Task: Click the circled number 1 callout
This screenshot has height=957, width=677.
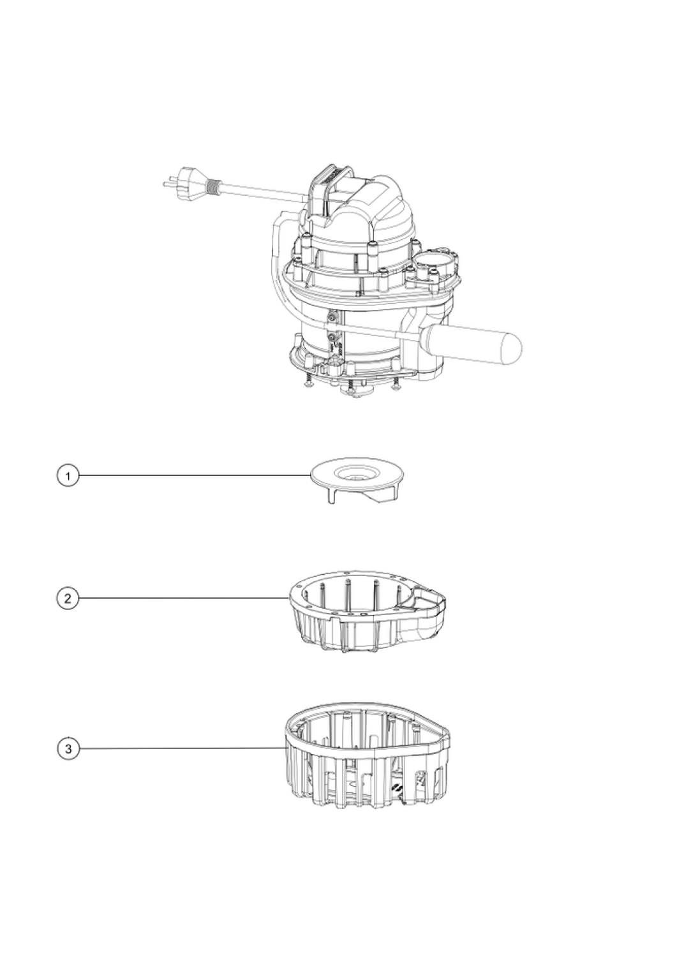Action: [x=68, y=475]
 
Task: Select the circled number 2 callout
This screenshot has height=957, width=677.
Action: [x=68, y=598]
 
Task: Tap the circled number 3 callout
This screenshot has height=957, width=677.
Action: [x=68, y=748]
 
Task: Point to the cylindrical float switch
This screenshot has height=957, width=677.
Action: [x=470, y=344]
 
